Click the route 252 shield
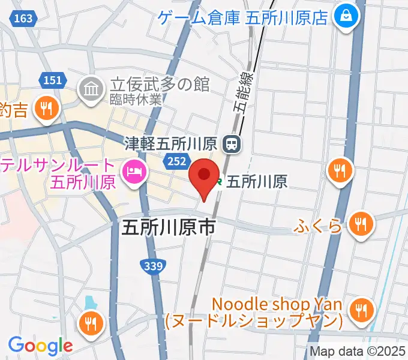pyautogui.click(x=175, y=160)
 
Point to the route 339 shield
pyautogui.click(x=153, y=265)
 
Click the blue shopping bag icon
pyautogui.click(x=347, y=16)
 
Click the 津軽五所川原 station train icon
pyautogui.click(x=230, y=143)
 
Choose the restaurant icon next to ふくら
pyautogui.click(x=361, y=226)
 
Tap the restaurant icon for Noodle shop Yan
pyautogui.click(x=361, y=311)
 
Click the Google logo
pyautogui.click(x=40, y=345)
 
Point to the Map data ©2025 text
pyautogui.click(x=358, y=351)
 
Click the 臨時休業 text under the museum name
pyautogui.click(x=136, y=100)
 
